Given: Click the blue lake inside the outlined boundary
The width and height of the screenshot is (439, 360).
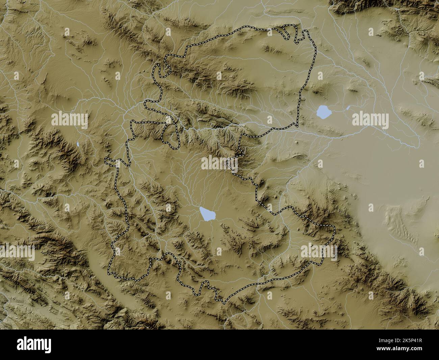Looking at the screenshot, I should (207, 214).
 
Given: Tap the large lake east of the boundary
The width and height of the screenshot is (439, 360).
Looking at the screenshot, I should (323, 112).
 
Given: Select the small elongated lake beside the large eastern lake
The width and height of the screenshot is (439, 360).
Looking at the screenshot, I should (348, 108).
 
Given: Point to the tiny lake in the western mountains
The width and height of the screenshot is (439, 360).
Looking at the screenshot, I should (78, 144).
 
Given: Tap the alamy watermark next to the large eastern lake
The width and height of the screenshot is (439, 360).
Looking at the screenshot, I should (370, 119).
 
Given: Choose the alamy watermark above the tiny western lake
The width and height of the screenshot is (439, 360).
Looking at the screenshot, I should (70, 119).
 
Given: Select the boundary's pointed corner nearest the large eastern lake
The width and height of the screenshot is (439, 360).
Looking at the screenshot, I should (297, 123).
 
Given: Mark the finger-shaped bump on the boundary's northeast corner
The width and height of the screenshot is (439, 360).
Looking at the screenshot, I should (305, 34).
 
